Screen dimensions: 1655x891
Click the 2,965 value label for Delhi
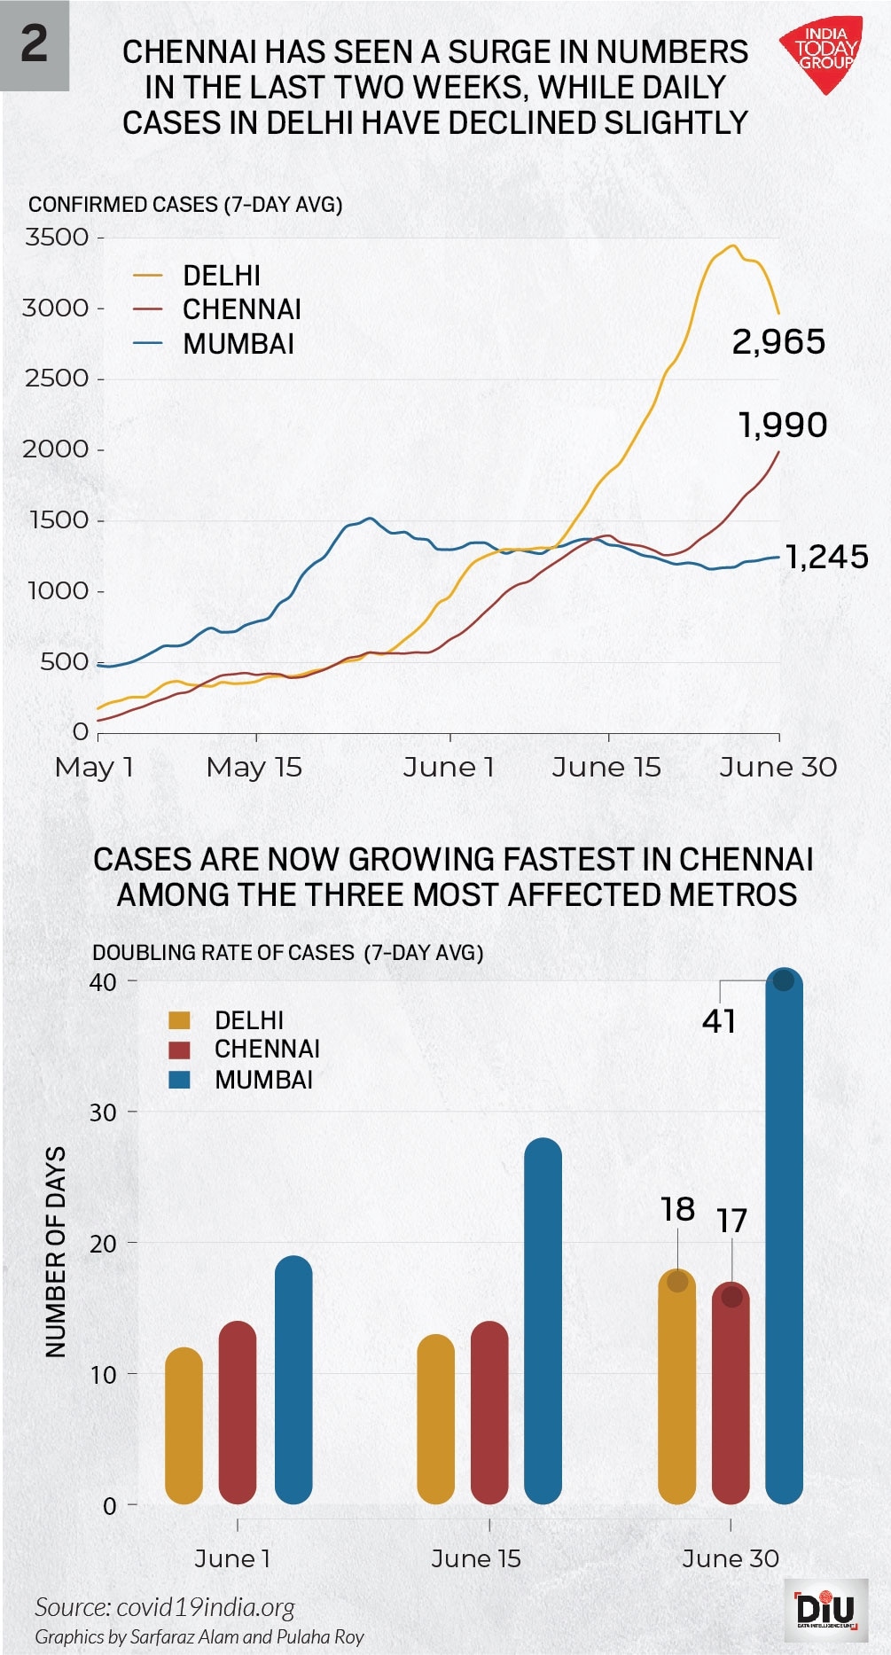pos(778,341)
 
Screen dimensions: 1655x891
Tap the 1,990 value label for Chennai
pos(783,425)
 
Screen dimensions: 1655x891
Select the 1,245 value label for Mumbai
pos(826,557)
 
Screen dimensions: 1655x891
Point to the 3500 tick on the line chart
pos(58,238)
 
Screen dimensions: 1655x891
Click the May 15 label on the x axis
pos(254,767)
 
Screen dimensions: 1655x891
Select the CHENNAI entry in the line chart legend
pos(241,309)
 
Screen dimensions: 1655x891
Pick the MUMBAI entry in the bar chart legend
pos(262,1080)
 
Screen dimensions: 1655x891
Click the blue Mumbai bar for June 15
pos(543,1321)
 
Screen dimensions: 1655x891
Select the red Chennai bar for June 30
pos(731,1393)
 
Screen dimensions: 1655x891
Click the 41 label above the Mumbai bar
pos(719,1021)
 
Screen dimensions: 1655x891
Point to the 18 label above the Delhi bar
pos(677,1209)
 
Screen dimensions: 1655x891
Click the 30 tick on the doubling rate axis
pos(104,1112)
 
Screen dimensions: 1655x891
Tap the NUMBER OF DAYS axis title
pos(56,1251)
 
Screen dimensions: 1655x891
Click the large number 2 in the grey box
pos(34,43)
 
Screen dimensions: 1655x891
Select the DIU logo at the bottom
pos(826,1609)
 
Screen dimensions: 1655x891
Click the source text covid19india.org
pos(165,1607)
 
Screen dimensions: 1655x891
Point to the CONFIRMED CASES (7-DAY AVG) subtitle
pos(185,205)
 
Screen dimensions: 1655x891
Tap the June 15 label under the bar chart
pos(476,1558)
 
